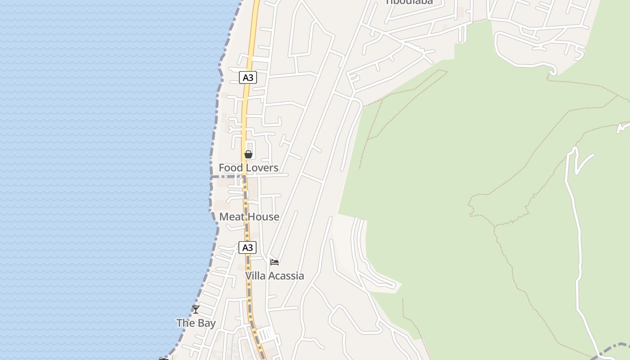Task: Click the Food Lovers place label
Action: (248, 168)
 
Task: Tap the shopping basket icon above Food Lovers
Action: (248, 154)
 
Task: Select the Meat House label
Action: (249, 217)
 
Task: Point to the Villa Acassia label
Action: (274, 276)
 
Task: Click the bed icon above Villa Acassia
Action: (274, 262)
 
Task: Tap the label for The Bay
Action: (196, 323)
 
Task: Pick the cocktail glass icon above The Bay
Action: (196, 309)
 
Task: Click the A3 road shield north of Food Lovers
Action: (248, 77)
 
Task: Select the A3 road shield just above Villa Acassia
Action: (247, 247)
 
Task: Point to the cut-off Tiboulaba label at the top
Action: (409, 2)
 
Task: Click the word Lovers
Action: (261, 168)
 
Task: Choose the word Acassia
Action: (287, 276)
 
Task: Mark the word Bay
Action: (207, 323)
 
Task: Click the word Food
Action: (230, 168)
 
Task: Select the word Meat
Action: (232, 217)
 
